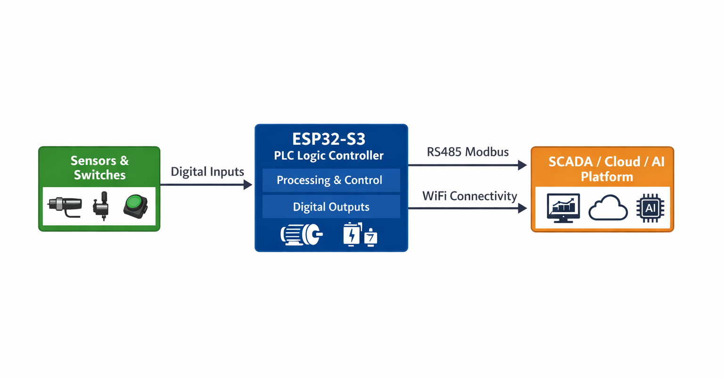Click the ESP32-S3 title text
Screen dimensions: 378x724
tap(329, 140)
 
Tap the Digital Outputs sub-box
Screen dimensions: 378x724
tap(331, 207)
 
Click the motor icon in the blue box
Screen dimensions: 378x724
tap(301, 234)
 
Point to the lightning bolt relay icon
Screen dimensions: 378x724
tap(352, 234)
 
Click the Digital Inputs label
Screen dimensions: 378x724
tap(207, 172)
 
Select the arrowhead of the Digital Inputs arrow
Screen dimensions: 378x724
tap(248, 185)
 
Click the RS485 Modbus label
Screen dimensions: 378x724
tap(468, 152)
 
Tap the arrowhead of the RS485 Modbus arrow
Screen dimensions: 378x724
tap(522, 165)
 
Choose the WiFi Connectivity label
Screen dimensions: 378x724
tap(469, 196)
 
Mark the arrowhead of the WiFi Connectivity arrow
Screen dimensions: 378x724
tap(522, 208)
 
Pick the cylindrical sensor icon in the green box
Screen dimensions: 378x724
tap(66, 206)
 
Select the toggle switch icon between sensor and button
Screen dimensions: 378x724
tap(101, 205)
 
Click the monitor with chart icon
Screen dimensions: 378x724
tap(563, 207)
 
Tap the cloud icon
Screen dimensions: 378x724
tap(608, 208)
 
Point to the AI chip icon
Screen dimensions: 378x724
tap(650, 208)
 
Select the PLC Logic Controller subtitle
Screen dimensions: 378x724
tap(329, 156)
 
